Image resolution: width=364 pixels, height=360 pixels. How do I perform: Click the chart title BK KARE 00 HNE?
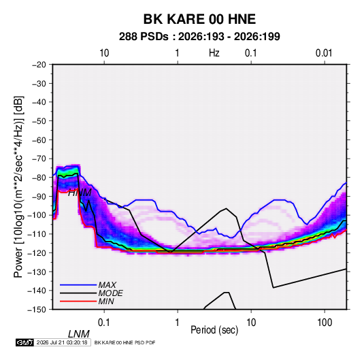(x=199, y=19)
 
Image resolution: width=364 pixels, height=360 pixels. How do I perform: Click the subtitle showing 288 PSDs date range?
(x=199, y=37)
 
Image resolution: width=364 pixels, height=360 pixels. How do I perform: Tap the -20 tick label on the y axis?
(x=39, y=65)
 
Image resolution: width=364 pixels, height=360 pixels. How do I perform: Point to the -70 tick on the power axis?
(x=39, y=159)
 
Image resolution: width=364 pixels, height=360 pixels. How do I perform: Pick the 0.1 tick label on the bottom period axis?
(x=104, y=323)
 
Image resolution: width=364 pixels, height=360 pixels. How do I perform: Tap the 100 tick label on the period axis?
(x=325, y=323)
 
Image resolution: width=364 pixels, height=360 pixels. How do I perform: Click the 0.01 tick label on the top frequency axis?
(x=324, y=53)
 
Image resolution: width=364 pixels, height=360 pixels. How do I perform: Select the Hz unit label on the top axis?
(x=214, y=53)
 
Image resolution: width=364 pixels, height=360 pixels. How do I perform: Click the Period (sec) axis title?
(x=214, y=330)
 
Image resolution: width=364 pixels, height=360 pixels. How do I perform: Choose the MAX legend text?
(x=107, y=284)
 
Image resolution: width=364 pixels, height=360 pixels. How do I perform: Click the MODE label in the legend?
(x=110, y=293)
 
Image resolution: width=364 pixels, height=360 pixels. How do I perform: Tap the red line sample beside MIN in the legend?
(x=78, y=301)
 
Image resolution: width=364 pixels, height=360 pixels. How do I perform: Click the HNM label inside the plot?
(x=80, y=193)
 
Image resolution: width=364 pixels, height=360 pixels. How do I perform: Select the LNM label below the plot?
(x=79, y=334)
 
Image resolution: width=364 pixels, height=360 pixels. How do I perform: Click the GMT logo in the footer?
(x=25, y=342)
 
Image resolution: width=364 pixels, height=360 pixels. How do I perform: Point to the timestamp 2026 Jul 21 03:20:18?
(x=62, y=342)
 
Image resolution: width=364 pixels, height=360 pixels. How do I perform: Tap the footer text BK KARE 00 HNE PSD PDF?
(x=125, y=342)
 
